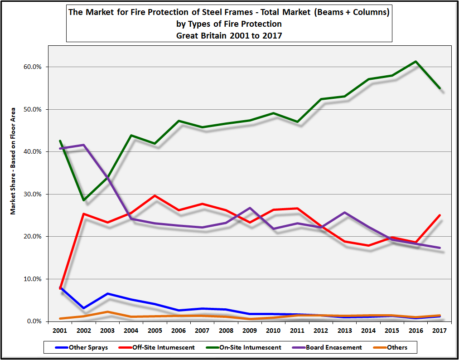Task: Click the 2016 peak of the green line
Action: (416, 62)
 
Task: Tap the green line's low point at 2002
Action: (83, 200)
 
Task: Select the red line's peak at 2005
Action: (155, 196)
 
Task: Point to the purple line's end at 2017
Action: (440, 248)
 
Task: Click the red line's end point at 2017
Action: (440, 215)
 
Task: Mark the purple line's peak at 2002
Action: (83, 145)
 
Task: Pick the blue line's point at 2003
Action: (107, 294)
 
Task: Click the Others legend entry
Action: (397, 347)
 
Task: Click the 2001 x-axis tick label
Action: (60, 331)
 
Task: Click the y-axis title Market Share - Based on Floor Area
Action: (14, 161)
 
